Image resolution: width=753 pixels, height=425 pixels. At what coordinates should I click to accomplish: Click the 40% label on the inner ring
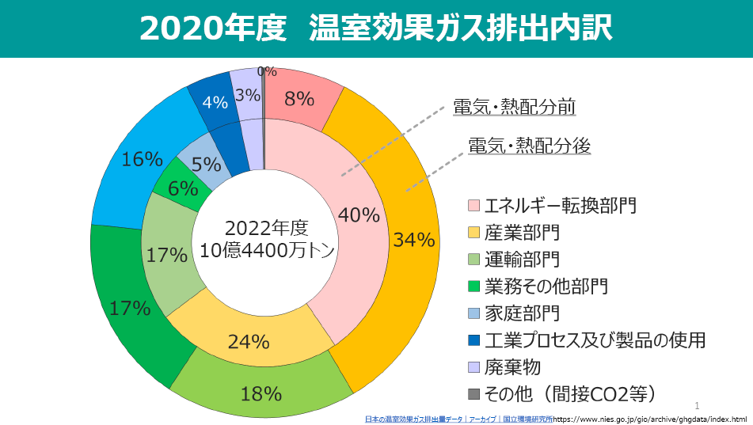[359, 215]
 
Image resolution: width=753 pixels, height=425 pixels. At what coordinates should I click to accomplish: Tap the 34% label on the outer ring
[414, 239]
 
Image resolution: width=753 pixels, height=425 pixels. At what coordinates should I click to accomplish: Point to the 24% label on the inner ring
[249, 342]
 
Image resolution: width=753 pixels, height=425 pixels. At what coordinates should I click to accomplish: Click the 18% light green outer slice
[261, 393]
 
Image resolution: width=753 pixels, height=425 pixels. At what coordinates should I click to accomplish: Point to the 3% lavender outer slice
[248, 95]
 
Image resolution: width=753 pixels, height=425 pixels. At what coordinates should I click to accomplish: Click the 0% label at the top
[267, 71]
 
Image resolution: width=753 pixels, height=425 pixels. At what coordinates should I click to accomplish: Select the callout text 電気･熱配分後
[529, 146]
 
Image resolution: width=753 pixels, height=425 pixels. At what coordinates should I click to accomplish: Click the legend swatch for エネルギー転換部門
[473, 207]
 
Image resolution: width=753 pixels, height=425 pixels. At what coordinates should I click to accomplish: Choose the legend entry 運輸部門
[522, 259]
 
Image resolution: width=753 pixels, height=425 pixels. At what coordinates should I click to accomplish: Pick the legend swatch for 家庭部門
[473, 313]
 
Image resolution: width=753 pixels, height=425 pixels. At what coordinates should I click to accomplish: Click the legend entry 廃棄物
[512, 367]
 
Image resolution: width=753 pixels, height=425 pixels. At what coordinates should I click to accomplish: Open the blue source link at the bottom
[458, 418]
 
